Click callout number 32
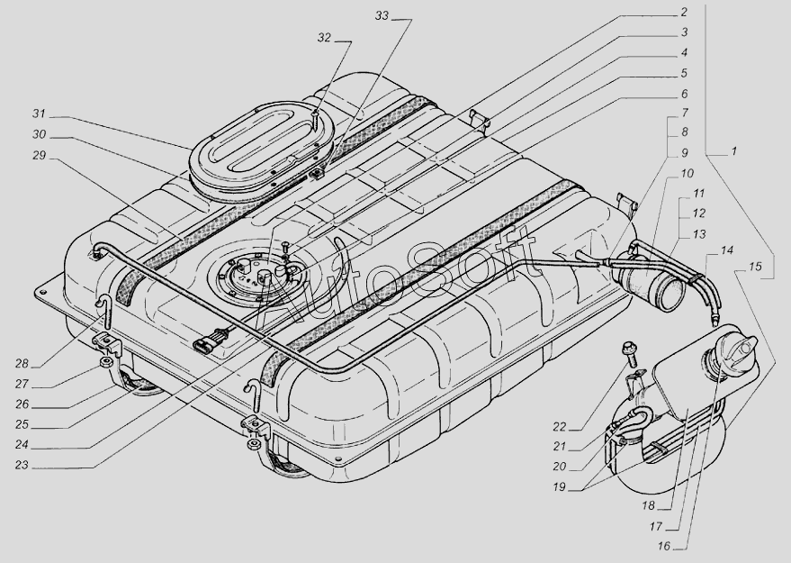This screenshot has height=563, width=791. tap(324, 39)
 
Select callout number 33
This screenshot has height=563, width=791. tap(382, 17)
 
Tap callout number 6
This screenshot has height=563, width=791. tap(684, 93)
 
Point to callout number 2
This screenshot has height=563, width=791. tap(684, 13)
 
